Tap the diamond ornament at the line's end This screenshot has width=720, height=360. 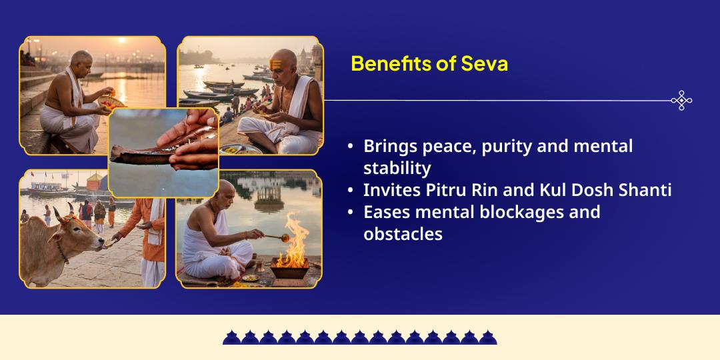coord(681,101)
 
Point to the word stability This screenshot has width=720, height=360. coord(397,168)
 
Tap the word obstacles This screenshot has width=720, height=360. coord(403,234)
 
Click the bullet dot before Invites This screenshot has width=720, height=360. coord(351,191)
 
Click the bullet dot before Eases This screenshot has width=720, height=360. coord(351,213)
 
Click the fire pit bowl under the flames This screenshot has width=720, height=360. coord(289,271)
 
